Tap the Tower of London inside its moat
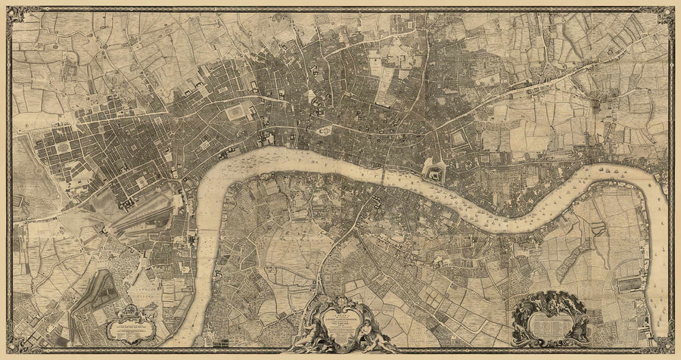point(436,172)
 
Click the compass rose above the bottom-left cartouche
point(128,309)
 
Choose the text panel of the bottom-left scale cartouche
point(129,327)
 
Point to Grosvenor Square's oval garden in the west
point(61,144)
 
